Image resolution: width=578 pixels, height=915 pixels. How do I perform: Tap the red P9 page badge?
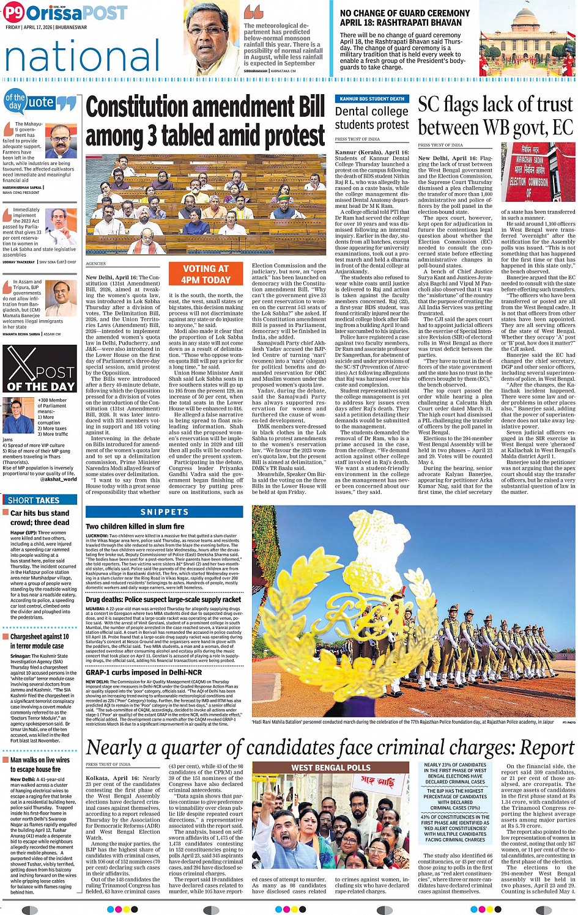pos(13,12)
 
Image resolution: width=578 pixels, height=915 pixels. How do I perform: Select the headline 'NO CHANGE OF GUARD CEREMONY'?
pos(405,13)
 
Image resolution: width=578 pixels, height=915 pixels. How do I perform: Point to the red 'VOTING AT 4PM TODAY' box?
pos(206,274)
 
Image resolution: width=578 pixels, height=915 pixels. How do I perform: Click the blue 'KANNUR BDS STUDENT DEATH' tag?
pos(372,98)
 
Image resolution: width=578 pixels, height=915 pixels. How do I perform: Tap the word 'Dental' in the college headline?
pos(353,112)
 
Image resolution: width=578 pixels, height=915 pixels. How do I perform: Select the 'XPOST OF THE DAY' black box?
pos(40,369)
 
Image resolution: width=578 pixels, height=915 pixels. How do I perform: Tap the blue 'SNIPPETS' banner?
pos(165,512)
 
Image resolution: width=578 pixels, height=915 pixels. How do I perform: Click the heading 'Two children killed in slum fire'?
pos(135,526)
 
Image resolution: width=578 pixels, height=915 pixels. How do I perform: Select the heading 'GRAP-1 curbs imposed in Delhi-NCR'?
pos(144,672)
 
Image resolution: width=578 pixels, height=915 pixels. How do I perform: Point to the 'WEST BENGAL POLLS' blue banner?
pos(330,768)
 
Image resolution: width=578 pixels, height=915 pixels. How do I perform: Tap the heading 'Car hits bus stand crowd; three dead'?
pos(40,518)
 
